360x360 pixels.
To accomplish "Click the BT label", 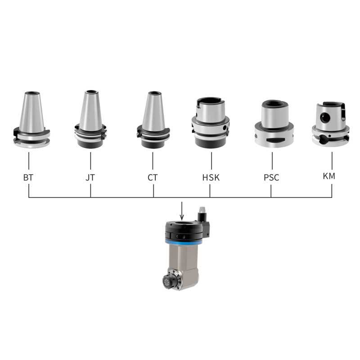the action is click(28, 177).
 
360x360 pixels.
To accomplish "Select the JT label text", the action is click(90, 177).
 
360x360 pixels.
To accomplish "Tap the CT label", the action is click(153, 177).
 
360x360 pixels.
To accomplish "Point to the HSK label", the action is click(211, 177).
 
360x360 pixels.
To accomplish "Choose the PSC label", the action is click(271, 177).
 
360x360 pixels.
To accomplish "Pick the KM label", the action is click(329, 176).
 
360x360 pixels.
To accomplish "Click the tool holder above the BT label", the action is click(31, 120).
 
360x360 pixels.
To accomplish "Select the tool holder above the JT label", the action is click(90, 119).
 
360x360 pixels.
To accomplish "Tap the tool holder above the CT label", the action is click(153, 120).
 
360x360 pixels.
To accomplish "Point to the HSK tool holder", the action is click(211, 123).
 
